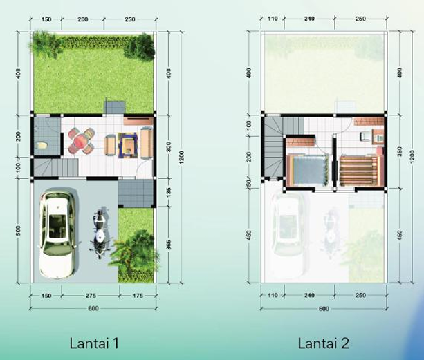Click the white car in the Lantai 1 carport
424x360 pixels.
point(57,234)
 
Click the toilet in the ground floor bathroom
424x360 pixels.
point(42,146)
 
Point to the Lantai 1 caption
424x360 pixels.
point(94,343)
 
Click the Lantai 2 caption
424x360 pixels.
point(324,343)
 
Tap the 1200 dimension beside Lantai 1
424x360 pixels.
point(181,157)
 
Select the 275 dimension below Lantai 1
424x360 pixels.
point(91,296)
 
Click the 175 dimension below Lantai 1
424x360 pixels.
point(138,296)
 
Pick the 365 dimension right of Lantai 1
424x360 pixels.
point(169,245)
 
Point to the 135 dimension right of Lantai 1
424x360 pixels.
point(169,192)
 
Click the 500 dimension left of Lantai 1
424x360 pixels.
point(18,230)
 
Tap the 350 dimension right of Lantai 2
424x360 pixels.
point(400,151)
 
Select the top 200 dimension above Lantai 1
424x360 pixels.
point(83,19)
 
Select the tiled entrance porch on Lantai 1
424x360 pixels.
point(136,193)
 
